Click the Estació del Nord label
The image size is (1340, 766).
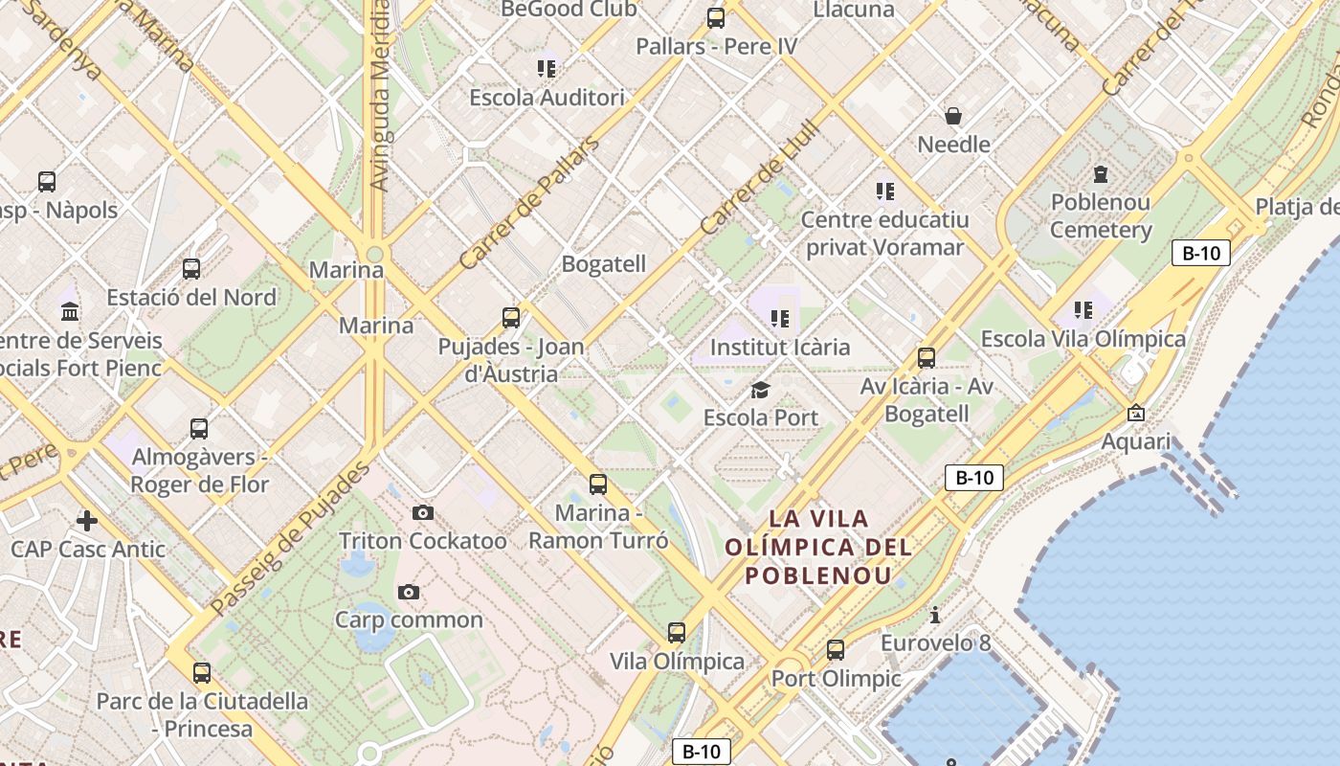click(191, 298)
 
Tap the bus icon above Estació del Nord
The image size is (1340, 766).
click(191, 269)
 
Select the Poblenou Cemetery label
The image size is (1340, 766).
click(1101, 216)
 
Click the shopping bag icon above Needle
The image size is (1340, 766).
click(953, 116)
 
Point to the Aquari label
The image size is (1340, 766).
click(1136, 441)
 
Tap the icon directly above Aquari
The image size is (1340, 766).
click(1136, 413)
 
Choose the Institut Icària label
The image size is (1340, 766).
click(780, 347)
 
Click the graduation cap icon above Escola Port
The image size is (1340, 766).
click(761, 390)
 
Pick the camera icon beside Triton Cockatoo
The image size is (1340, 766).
click(423, 513)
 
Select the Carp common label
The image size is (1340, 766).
click(409, 620)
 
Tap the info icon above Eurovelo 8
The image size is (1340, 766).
click(935, 615)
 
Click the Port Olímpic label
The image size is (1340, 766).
click(837, 679)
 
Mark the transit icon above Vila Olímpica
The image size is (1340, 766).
click(677, 632)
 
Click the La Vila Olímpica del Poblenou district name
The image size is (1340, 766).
click(819, 548)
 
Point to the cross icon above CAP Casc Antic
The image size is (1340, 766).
click(87, 521)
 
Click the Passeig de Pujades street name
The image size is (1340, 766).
click(289, 539)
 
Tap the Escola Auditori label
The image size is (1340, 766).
click(547, 98)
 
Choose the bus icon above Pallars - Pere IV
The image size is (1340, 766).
click(716, 17)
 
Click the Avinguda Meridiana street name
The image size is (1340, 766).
click(379, 96)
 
